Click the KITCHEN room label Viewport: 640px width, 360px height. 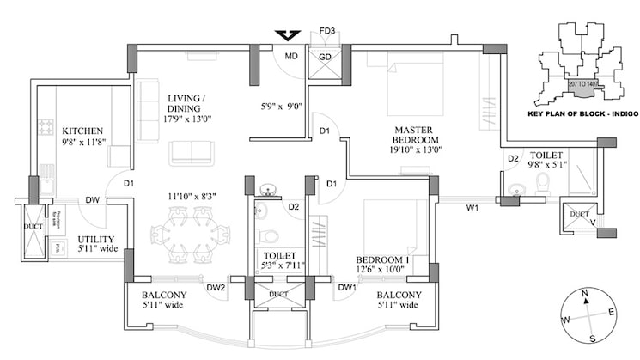pyautogui.click(x=82, y=131)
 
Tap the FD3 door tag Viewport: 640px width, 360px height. pyautogui.click(x=326, y=32)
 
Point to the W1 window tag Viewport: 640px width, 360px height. pyautogui.click(x=472, y=207)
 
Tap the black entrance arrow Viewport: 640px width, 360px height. pyautogui.click(x=287, y=36)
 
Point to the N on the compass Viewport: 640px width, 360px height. pyautogui.click(x=584, y=295)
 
